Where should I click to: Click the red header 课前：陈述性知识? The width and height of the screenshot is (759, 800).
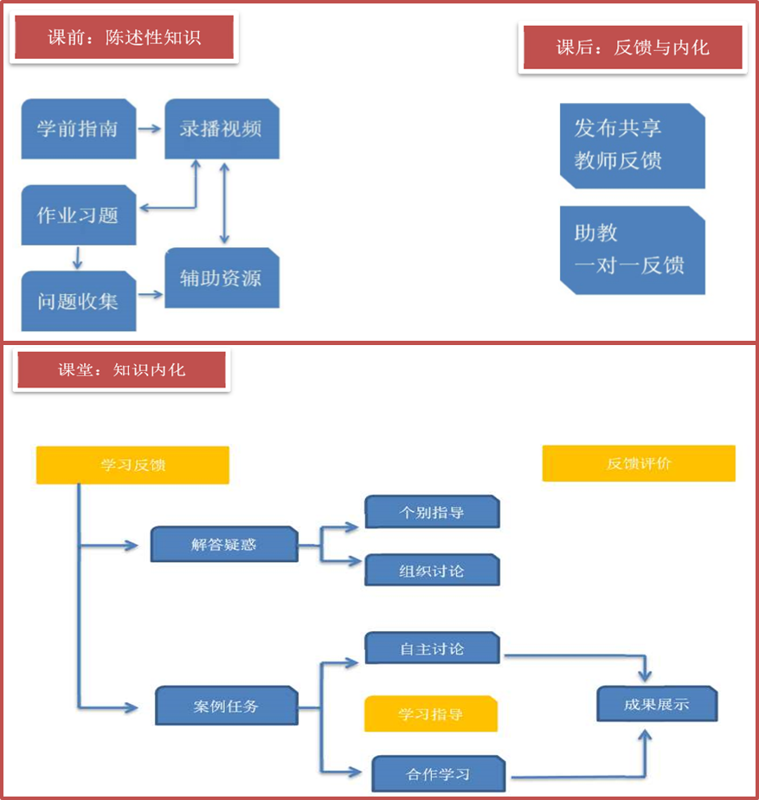click(124, 38)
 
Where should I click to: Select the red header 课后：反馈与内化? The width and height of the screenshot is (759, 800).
click(633, 48)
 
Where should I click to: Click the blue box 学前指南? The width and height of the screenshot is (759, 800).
click(79, 129)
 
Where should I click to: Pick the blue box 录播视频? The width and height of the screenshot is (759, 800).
click(222, 129)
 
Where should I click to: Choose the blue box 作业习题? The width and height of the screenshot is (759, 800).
click(79, 214)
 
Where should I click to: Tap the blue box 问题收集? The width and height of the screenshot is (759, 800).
click(79, 301)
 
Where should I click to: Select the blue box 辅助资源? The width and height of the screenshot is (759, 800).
click(222, 278)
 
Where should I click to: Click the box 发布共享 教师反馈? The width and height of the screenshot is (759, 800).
click(633, 145)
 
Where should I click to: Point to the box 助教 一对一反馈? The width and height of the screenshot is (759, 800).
click(633, 249)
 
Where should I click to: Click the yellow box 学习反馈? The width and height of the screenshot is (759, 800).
click(132, 465)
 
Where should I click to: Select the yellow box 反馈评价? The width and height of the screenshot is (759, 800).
click(639, 464)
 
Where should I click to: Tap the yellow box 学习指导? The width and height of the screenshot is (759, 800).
click(431, 714)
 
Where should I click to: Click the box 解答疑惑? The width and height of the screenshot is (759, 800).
click(224, 545)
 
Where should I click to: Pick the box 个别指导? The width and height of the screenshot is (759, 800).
click(432, 512)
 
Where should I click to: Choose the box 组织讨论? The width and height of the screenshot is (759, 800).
click(432, 571)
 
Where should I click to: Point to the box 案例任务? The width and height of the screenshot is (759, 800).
click(227, 706)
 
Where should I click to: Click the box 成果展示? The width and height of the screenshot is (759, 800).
click(657, 704)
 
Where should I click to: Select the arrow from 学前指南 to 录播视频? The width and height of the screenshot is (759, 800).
click(151, 129)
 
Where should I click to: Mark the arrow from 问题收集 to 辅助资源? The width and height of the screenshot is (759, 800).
click(151, 294)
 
